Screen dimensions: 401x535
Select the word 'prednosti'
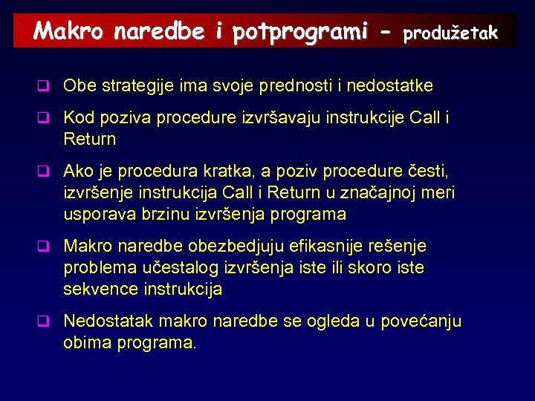(x=296, y=86)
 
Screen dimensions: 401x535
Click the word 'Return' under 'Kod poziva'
(x=90, y=139)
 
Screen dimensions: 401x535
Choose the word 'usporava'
(x=95, y=215)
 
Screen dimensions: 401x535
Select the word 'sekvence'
(x=95, y=289)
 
